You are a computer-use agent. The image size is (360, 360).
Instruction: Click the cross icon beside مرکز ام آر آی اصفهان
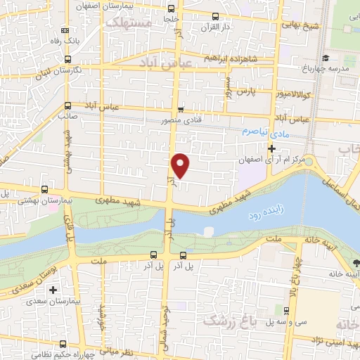[x=271, y=148]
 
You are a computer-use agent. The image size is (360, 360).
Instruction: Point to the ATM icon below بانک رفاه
[x=65, y=31]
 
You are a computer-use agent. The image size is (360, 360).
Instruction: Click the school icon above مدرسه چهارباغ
[x=324, y=58]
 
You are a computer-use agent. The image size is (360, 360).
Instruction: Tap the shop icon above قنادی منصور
[x=181, y=109]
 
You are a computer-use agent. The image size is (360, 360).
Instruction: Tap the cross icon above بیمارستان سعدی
[x=53, y=290]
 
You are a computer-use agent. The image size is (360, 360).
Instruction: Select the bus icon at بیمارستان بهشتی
[x=45, y=189]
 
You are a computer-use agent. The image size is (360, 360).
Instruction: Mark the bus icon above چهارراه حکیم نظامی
[x=64, y=344]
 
